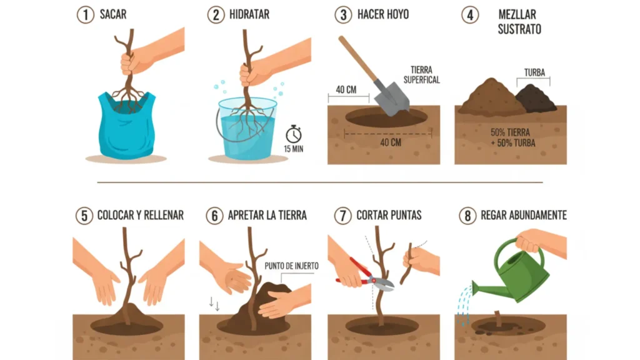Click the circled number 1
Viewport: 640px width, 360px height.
click(86, 15)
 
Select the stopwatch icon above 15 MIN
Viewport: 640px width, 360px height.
click(294, 134)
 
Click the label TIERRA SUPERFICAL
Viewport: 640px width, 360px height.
click(422, 75)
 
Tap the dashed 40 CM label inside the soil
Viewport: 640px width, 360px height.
click(391, 142)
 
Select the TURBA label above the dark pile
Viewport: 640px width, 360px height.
click(534, 72)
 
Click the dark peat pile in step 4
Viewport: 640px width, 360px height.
click(536, 99)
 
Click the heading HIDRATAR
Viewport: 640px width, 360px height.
click(249, 15)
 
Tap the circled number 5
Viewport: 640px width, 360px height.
click(84, 216)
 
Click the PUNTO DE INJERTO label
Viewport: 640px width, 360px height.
click(291, 266)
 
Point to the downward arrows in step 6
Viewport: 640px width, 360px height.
click(214, 304)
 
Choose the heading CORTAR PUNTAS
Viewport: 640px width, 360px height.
click(389, 215)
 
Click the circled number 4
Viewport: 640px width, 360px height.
click(470, 15)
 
